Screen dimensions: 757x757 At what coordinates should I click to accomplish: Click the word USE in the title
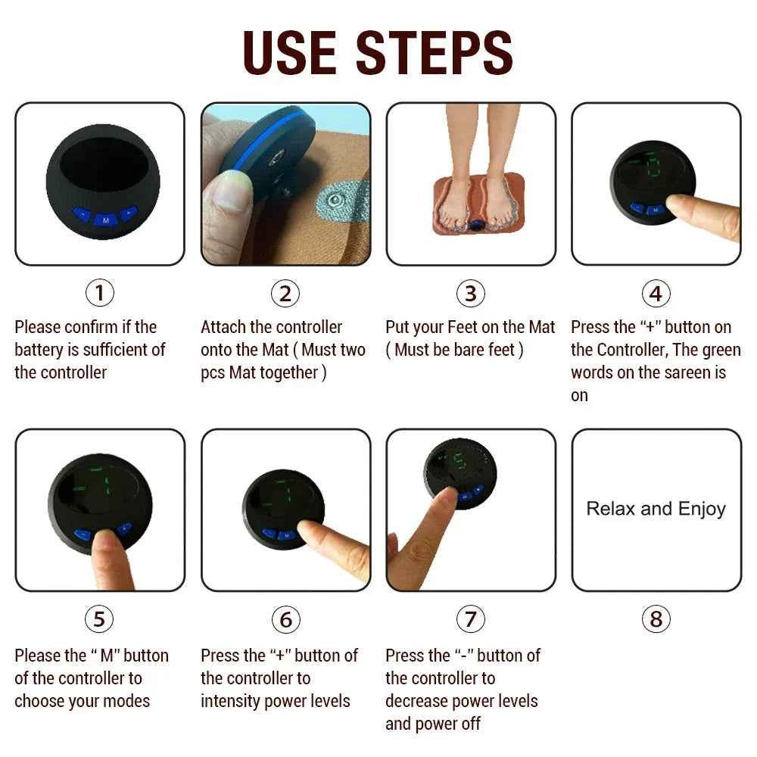point(291,52)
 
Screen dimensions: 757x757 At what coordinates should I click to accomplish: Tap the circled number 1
point(99,292)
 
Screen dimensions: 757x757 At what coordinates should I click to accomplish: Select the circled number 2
point(285,292)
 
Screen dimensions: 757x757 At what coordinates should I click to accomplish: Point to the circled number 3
point(470,292)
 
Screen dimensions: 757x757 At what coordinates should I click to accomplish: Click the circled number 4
point(656,292)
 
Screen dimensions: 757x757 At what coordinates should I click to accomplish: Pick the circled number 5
point(99,619)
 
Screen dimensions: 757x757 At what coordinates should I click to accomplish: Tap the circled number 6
point(285,619)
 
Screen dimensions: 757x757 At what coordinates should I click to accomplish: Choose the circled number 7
point(470,619)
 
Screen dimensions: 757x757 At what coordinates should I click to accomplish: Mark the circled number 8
point(656,619)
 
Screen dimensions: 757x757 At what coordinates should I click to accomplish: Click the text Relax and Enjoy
point(656,509)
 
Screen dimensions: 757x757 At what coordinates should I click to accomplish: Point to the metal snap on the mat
point(331,201)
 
